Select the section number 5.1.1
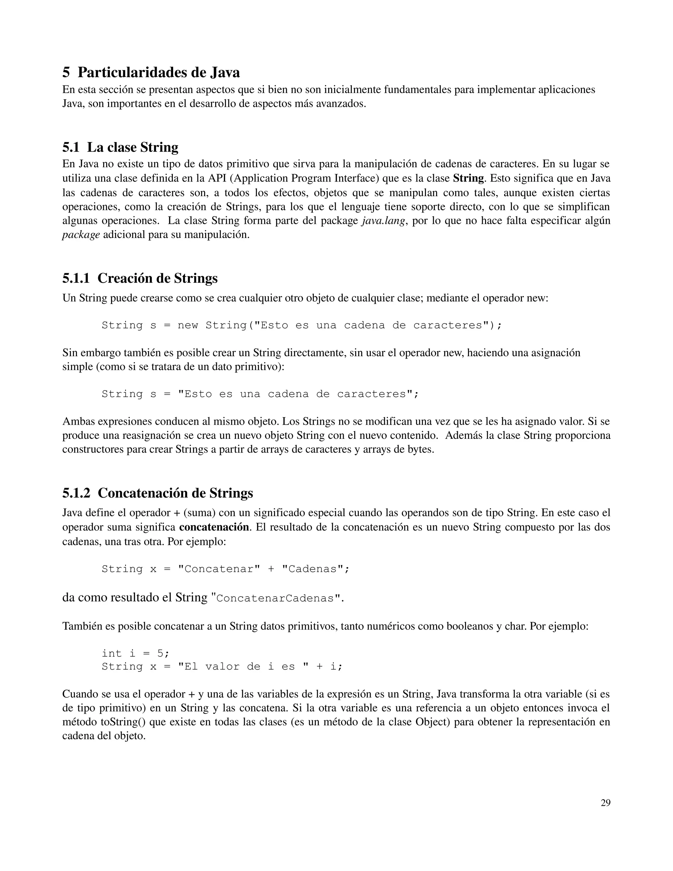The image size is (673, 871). (76, 278)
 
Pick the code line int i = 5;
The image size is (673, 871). (136, 653)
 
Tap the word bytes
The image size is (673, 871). (419, 449)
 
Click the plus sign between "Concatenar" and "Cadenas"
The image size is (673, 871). (271, 569)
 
